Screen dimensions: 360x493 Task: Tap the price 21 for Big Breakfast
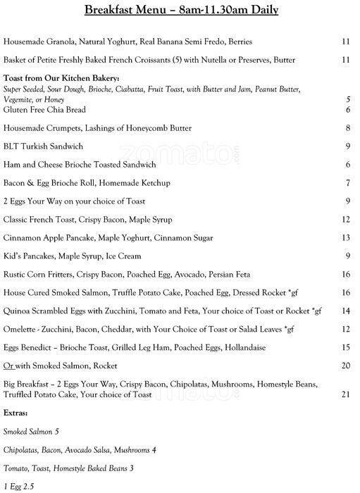point(345,394)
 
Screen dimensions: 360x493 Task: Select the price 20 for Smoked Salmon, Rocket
point(345,366)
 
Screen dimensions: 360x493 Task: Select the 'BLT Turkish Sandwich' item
point(44,146)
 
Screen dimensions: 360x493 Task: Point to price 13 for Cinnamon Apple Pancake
point(345,238)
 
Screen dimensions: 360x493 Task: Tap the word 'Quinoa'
point(17,311)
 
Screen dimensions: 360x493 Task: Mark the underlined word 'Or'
point(8,366)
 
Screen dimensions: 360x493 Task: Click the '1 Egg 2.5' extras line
point(19,486)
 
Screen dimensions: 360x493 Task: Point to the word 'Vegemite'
point(18,101)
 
